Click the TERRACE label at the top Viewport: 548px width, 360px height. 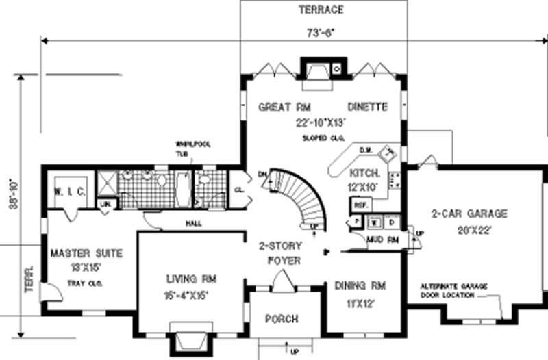(x=321, y=10)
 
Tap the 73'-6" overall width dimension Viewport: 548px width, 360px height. (x=321, y=32)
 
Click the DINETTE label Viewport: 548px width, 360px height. (x=367, y=107)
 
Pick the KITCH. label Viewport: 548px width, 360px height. (x=365, y=173)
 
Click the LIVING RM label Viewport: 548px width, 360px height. (x=191, y=279)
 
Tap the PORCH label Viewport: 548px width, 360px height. (x=281, y=319)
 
